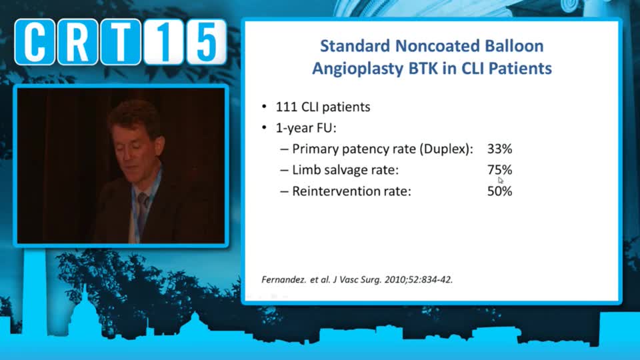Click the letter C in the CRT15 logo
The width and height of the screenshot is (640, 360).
pos(35,41)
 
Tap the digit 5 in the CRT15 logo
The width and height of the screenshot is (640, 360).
pos(206,41)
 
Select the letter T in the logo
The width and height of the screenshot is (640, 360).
pos(121,41)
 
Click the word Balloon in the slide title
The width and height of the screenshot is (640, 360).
pos(514,46)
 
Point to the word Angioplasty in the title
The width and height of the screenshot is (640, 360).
pos(358,69)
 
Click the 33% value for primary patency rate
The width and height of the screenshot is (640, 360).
pos(499,149)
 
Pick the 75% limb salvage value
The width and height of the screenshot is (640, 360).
pos(499,170)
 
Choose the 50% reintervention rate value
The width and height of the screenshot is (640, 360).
pos(499,191)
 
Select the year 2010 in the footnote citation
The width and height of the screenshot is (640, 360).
pos(395,279)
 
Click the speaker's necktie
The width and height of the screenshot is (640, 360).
pos(142,207)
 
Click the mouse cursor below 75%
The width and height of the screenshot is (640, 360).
pos(501,181)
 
